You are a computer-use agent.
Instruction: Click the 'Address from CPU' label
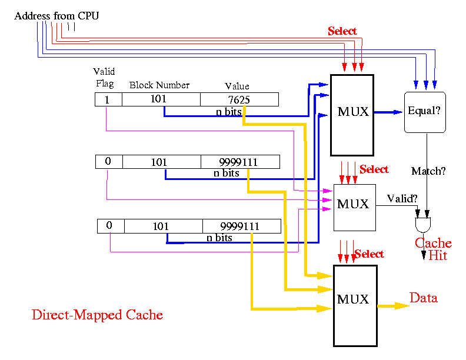56,15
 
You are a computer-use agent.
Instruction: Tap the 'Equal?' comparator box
425,112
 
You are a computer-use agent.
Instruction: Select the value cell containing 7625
239,99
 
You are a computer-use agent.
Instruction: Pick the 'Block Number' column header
159,85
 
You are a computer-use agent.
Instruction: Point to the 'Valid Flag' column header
104,77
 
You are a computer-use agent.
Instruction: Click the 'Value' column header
237,86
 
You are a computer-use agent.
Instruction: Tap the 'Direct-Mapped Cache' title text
98,315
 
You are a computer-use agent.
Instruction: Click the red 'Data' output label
424,298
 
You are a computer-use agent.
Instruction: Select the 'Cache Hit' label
434,249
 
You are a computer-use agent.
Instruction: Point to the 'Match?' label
428,171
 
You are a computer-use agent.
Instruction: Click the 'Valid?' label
402,198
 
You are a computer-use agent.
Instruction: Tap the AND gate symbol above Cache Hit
423,225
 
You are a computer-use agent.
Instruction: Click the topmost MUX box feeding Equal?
352,115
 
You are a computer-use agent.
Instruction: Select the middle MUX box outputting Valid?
355,207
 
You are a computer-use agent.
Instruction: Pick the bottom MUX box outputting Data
355,306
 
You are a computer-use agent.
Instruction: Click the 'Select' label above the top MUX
342,31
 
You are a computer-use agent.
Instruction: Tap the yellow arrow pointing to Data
393,306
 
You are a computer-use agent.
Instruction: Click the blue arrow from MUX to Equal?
388,112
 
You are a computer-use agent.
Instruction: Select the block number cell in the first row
161,99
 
